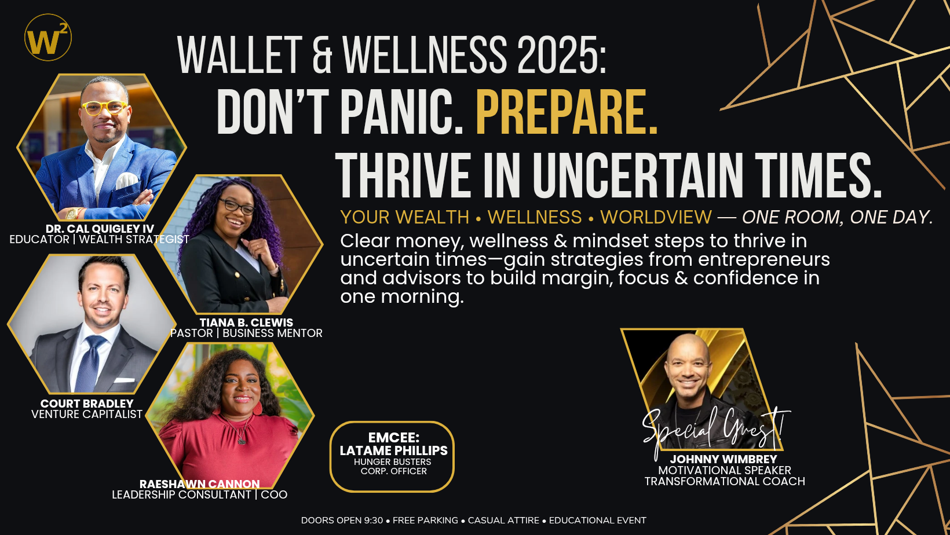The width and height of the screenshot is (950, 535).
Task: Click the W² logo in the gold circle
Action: pyautogui.click(x=48, y=37)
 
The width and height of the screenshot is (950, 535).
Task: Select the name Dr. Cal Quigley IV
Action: pyautogui.click(x=100, y=229)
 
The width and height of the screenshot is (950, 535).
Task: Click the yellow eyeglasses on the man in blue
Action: pyautogui.click(x=104, y=107)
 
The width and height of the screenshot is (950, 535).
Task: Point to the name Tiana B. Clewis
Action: pyautogui.click(x=246, y=323)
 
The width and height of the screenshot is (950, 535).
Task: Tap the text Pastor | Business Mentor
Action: pyautogui.click(x=246, y=333)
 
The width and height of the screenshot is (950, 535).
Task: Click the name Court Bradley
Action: pyautogui.click(x=87, y=404)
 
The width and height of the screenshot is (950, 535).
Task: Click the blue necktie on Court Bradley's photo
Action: pyautogui.click(x=90, y=362)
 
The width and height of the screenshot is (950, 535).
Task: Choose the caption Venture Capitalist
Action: pyautogui.click(x=87, y=414)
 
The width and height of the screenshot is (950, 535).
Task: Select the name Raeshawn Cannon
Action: pyautogui.click(x=200, y=484)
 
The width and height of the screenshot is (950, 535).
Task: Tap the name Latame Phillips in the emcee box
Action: pyautogui.click(x=393, y=450)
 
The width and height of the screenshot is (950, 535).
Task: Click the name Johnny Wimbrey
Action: pyautogui.click(x=724, y=459)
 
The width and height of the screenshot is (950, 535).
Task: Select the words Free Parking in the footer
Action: pyautogui.click(x=425, y=520)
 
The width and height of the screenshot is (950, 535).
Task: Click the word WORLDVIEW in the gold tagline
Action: pyautogui.click(x=656, y=217)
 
